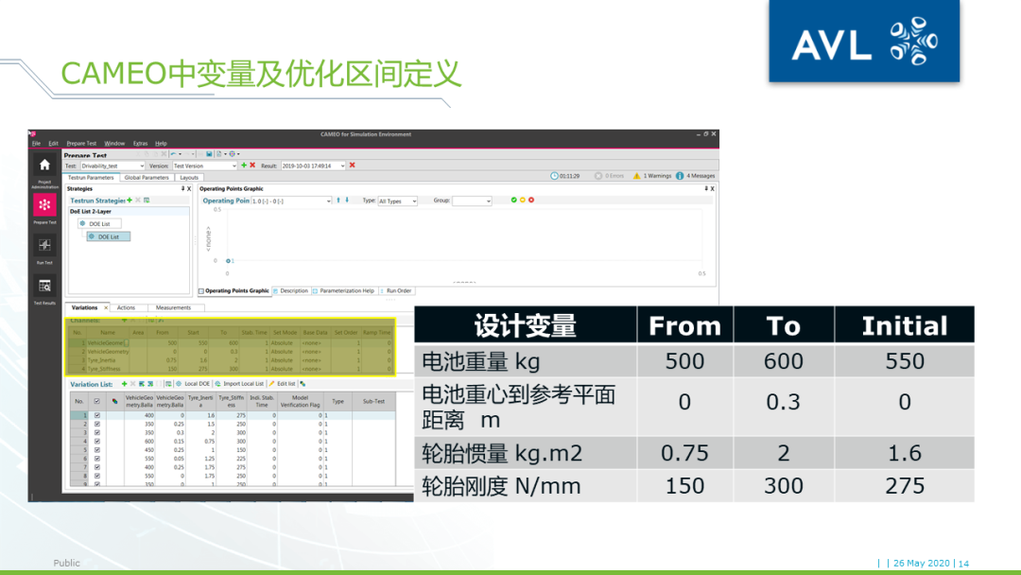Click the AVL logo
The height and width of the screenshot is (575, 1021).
[x=863, y=43]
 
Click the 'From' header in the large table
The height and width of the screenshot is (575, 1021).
[x=684, y=326]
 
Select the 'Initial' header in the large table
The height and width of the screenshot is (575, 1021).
[x=904, y=326]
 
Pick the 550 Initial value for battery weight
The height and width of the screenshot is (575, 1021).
[x=904, y=361]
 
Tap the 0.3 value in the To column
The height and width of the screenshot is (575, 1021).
[x=783, y=403]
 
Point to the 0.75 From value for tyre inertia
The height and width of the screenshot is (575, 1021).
[x=684, y=454]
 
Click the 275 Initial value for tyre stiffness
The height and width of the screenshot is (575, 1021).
[x=904, y=486]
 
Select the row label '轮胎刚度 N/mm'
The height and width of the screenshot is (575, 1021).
[x=501, y=486]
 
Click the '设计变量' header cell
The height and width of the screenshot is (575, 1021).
[x=525, y=326]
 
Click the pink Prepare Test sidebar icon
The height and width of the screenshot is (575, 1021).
[x=44, y=204]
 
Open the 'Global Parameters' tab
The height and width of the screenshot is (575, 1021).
[x=147, y=178]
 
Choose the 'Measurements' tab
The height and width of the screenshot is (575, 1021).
[x=173, y=307]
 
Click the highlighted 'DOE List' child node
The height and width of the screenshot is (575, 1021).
[x=108, y=236]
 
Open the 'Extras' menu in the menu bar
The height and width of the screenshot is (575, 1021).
[x=140, y=143]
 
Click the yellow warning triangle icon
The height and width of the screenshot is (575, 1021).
[x=637, y=176]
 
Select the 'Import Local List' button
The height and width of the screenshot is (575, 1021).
[x=240, y=384]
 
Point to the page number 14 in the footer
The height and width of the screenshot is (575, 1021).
[x=963, y=564]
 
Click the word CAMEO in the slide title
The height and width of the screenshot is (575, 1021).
[x=113, y=74]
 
